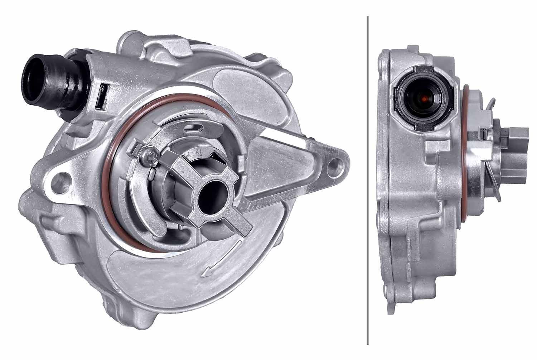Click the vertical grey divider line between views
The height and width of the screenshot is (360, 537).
(x=367, y=179)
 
